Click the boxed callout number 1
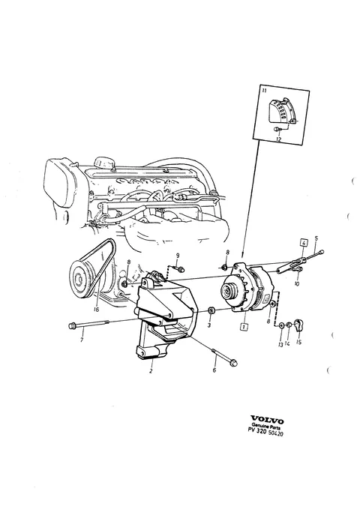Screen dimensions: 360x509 243,327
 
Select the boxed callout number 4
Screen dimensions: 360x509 303,243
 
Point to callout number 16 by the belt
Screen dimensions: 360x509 96,310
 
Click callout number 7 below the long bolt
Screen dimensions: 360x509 82,340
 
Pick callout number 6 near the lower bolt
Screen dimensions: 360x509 214,370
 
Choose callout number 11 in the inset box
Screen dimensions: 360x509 264,91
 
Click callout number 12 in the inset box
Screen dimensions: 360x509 278,139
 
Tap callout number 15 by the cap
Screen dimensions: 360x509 299,342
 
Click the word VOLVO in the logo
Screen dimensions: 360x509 267,421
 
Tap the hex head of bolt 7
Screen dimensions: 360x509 72,325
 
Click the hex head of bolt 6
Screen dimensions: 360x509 233,363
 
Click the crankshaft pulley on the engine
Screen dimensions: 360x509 80,278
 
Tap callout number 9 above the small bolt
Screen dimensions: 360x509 178,256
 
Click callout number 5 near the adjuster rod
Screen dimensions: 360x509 316,238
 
